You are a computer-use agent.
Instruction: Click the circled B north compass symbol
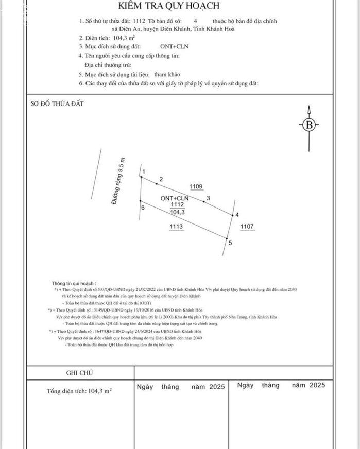(x=308, y=125)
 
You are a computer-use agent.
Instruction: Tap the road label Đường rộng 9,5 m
(x=118, y=181)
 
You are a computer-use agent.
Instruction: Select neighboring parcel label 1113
(x=176, y=226)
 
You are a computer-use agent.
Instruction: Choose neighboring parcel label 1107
(x=247, y=226)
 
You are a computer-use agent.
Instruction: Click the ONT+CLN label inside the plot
(x=174, y=198)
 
